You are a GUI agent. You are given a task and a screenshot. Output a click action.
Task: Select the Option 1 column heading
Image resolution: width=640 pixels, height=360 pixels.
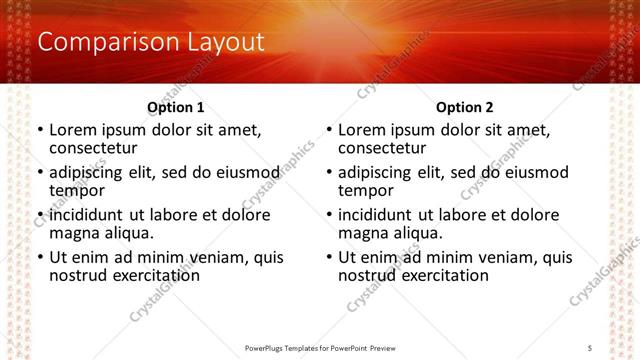(175, 107)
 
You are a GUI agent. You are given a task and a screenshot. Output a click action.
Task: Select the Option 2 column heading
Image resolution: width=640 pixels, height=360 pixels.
(464, 107)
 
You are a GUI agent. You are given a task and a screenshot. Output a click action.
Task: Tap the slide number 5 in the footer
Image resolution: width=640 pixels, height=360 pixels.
(590, 347)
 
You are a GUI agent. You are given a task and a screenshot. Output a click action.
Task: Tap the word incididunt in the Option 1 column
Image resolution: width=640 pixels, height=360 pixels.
(89, 215)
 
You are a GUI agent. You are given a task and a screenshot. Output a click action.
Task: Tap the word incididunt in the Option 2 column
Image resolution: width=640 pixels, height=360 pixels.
(378, 215)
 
